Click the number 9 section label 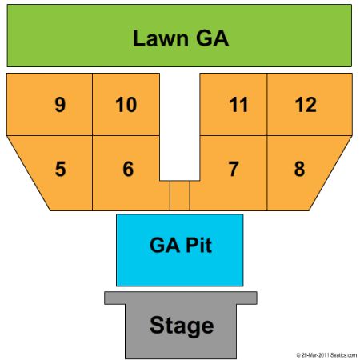pyautogui.click(x=60, y=105)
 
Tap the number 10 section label pyautogui.click(x=126, y=105)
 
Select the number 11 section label pyautogui.click(x=238, y=105)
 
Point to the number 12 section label pyautogui.click(x=306, y=105)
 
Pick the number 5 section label pyautogui.click(x=60, y=169)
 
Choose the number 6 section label pyautogui.click(x=128, y=169)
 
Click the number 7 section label pyautogui.click(x=234, y=169)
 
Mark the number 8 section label pyautogui.click(x=299, y=169)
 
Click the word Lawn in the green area pyautogui.click(x=161, y=38)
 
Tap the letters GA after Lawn pyautogui.click(x=213, y=38)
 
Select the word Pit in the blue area pyautogui.click(x=198, y=245)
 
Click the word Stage pyautogui.click(x=182, y=326)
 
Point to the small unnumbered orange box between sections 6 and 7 pyautogui.click(x=180, y=195)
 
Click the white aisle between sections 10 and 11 pyautogui.click(x=180, y=126)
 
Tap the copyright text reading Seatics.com pyautogui.click(x=343, y=355)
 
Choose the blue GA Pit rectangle pyautogui.click(x=180, y=250)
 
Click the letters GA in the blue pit pyautogui.click(x=165, y=245)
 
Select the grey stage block pyautogui.click(x=181, y=325)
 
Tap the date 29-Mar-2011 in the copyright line pyautogui.click(x=315, y=355)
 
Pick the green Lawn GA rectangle pyautogui.click(x=179, y=35)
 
